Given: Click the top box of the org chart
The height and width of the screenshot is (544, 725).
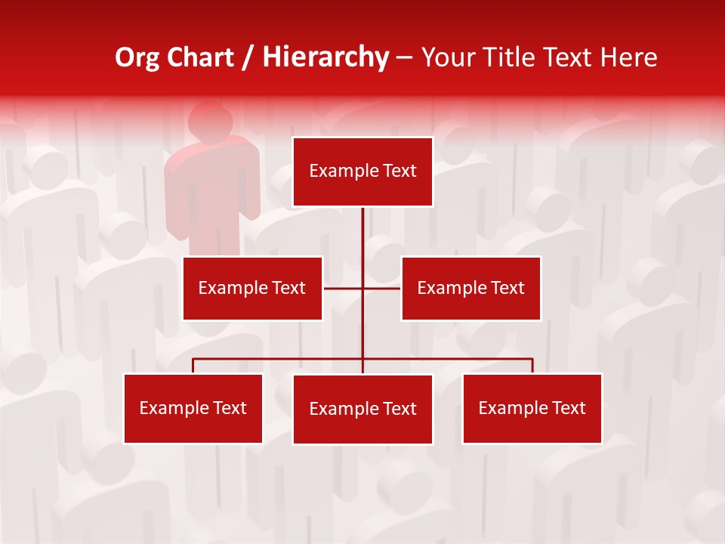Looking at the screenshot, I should click(x=362, y=172).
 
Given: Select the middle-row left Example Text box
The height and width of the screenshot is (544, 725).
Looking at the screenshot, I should click(x=252, y=288).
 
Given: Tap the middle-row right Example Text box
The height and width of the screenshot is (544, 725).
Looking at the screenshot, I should click(x=470, y=288).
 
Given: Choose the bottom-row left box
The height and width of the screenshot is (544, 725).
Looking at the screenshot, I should click(x=193, y=408).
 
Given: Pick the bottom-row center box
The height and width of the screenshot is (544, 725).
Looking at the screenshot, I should click(x=362, y=409).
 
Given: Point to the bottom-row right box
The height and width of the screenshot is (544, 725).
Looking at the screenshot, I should click(x=532, y=408).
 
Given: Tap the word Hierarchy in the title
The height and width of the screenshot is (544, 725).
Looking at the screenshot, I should click(x=325, y=57).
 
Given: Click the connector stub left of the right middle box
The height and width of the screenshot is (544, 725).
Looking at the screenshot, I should click(x=383, y=288).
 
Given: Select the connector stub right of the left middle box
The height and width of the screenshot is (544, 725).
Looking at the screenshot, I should click(x=342, y=288).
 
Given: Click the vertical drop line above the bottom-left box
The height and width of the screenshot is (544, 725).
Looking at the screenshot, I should click(x=193, y=366).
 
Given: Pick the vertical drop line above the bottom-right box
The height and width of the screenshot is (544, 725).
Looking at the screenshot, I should click(x=532, y=366).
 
